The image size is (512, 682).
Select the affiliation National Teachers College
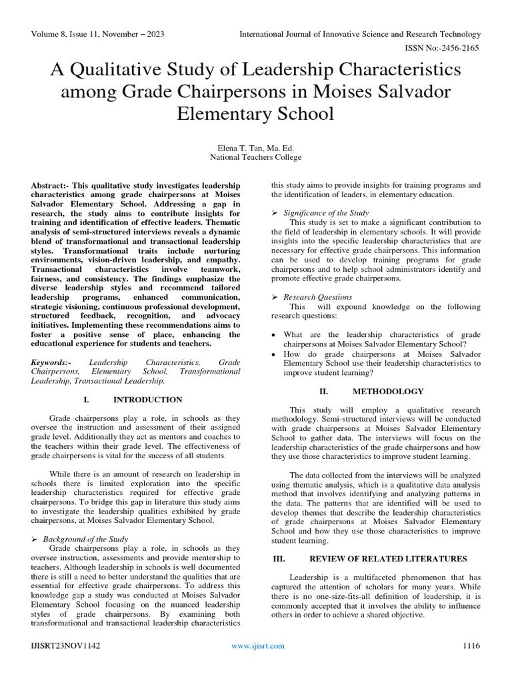pos(255,157)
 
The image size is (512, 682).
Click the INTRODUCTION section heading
pos(147,400)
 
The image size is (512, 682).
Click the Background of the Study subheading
pos(85,538)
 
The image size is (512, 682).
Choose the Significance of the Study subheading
pos(326,212)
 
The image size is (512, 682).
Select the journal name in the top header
pos(360,34)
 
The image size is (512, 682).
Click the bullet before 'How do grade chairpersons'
pos(275,354)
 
